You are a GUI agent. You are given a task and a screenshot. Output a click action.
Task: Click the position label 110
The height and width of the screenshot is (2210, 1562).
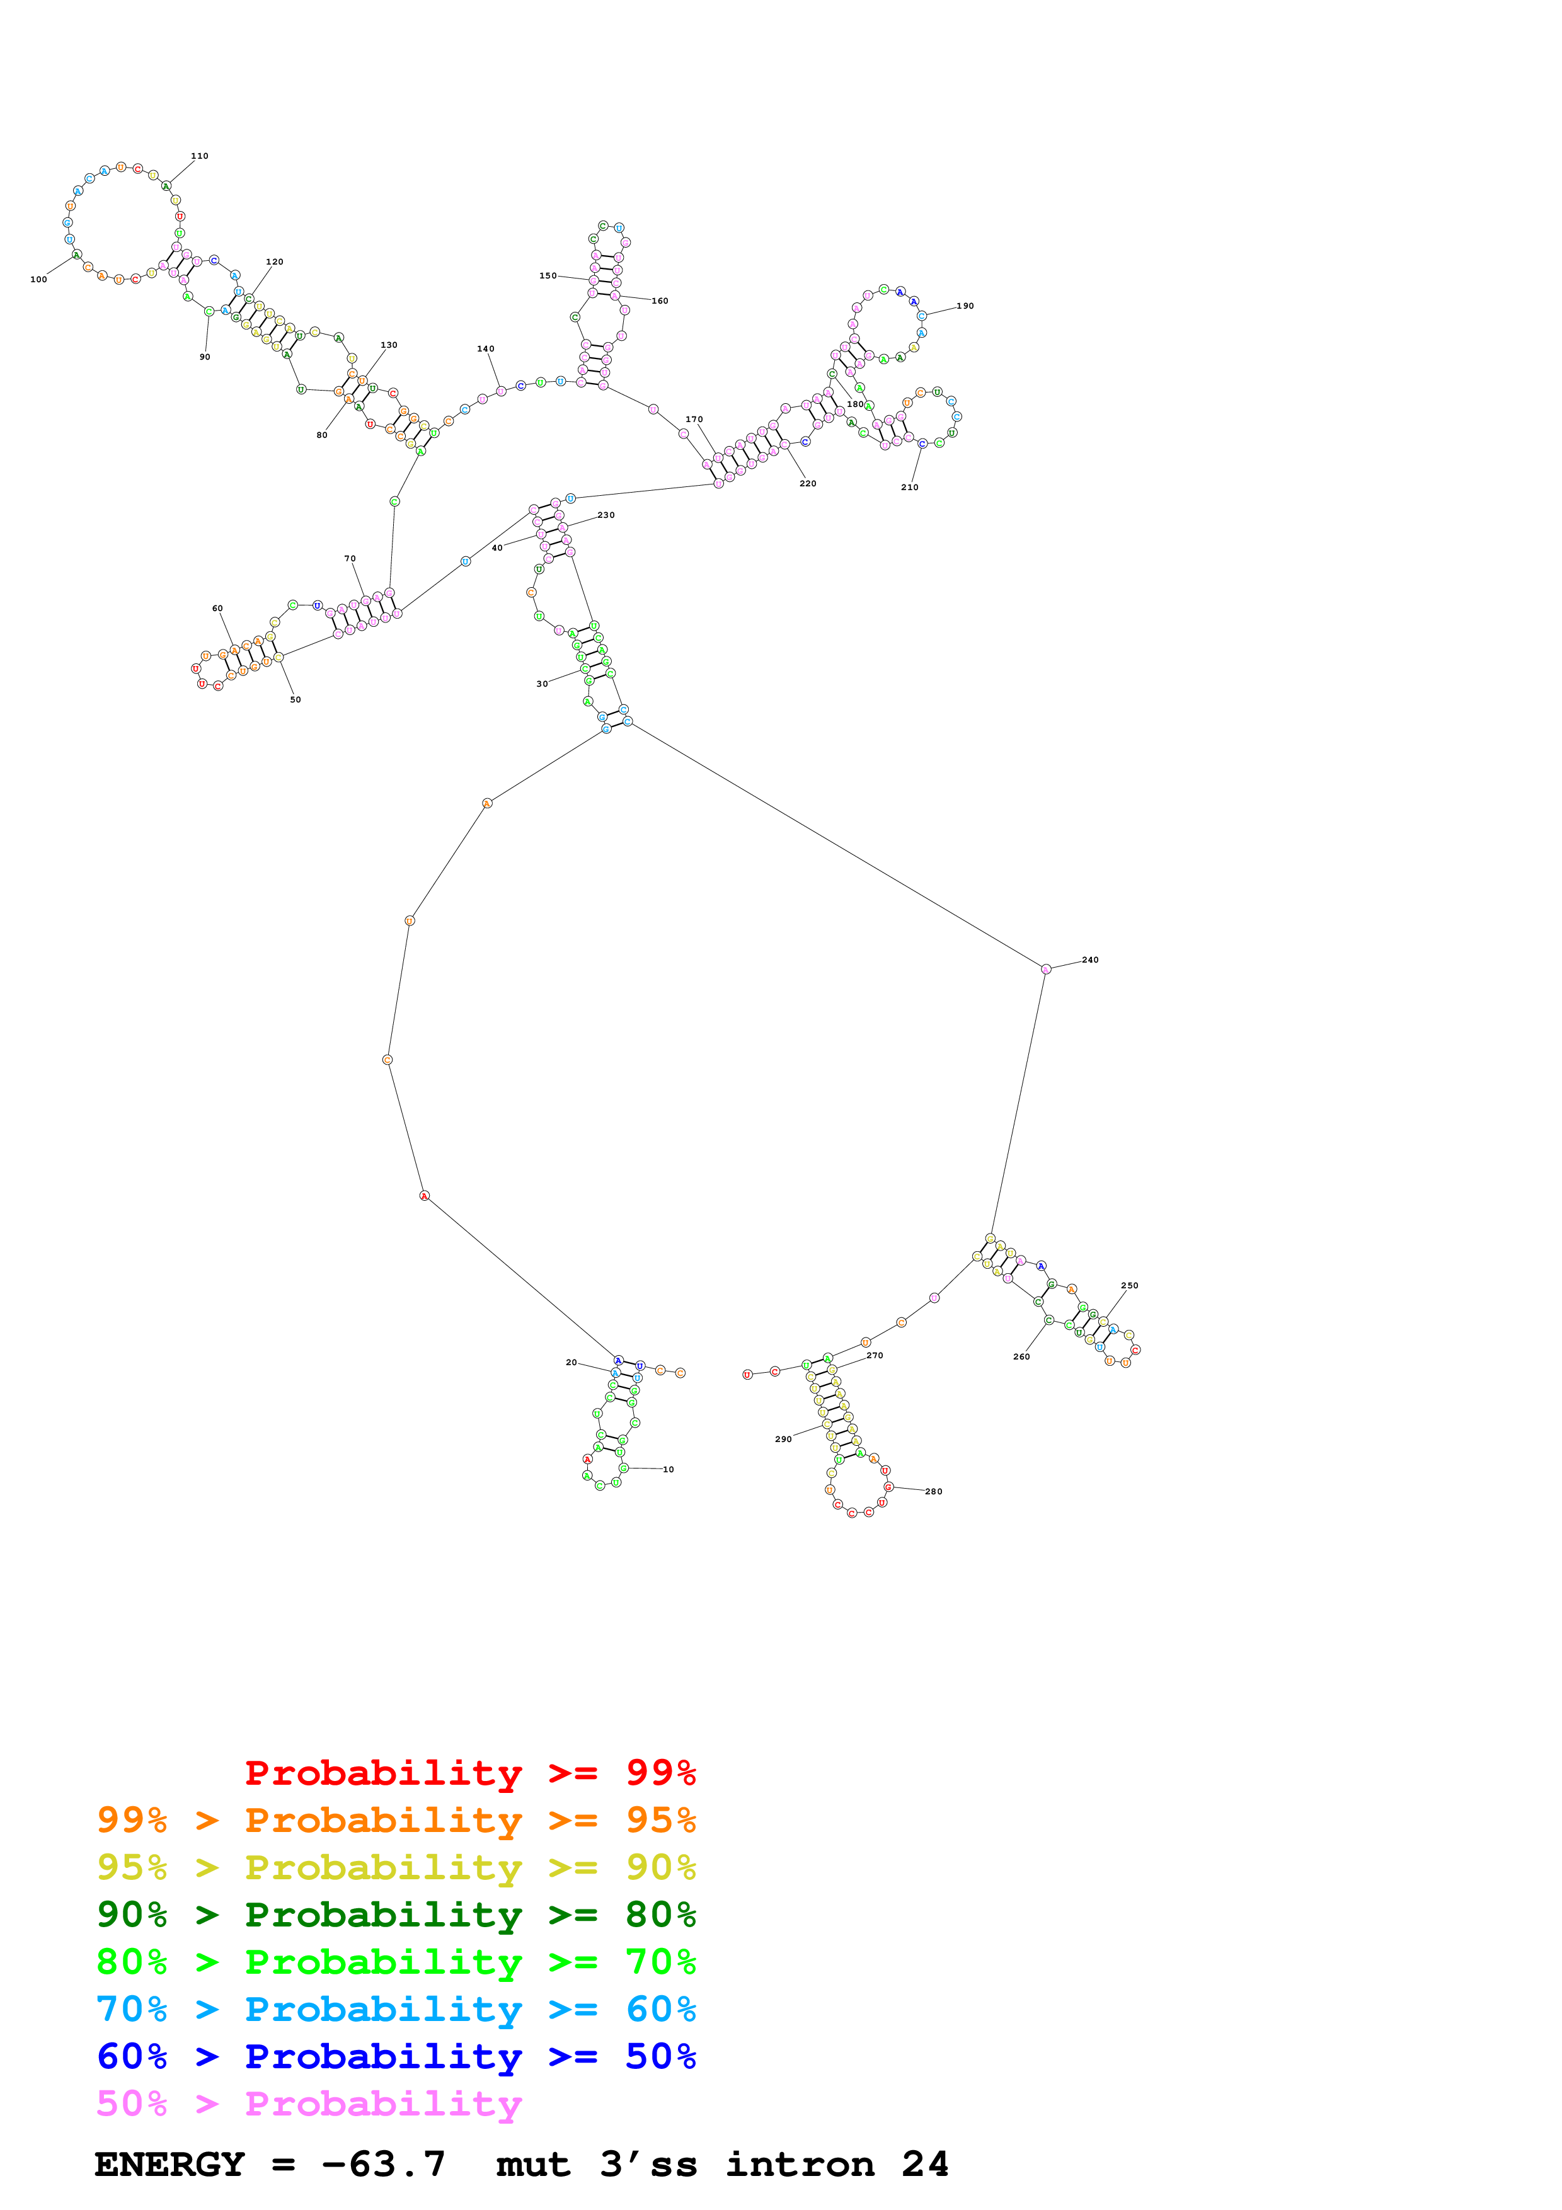[x=199, y=156]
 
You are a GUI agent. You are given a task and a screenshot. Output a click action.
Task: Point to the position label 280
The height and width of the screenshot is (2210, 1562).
[x=934, y=1491]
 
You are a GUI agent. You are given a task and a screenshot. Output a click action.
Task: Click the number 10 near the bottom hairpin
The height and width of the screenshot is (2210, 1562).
[x=668, y=1469]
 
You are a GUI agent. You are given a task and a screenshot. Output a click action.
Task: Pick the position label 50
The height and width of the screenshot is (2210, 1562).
[x=296, y=700]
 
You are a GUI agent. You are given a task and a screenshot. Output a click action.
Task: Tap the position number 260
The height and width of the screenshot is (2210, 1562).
[x=1021, y=1356]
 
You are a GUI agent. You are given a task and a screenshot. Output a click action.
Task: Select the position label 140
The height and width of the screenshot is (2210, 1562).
[x=486, y=350]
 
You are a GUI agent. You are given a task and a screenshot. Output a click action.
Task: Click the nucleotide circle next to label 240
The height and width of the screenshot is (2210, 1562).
[x=1046, y=970]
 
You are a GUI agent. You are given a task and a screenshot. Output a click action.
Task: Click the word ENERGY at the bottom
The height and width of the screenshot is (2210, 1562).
[x=169, y=2164]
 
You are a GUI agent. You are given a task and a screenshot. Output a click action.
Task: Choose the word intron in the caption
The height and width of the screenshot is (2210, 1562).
[x=800, y=2164]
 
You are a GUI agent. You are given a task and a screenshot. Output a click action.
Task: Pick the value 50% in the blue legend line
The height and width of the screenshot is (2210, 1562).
[x=660, y=2056]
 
